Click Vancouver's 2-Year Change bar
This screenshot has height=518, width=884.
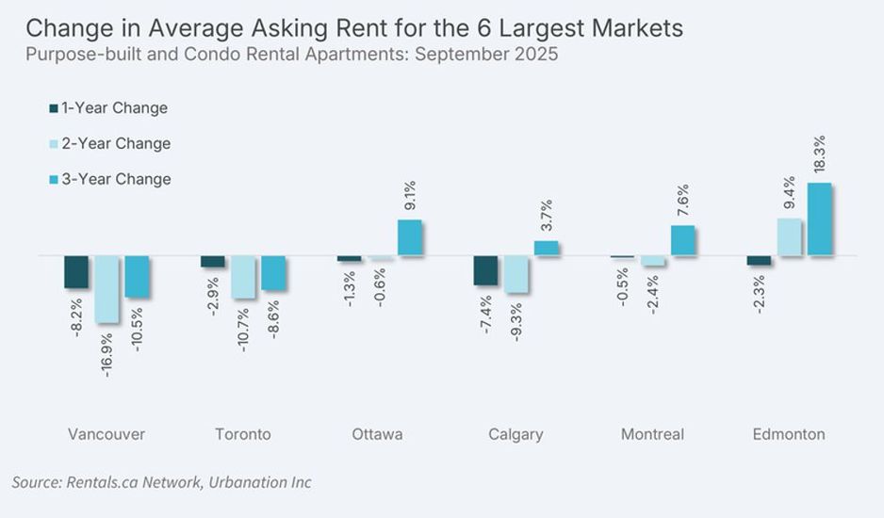coord(106,288)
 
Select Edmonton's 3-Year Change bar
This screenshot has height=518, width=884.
coord(820,219)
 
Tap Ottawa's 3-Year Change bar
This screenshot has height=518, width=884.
coord(410,237)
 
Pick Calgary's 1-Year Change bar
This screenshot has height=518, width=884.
coord(485,270)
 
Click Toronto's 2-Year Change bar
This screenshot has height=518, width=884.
coord(243,277)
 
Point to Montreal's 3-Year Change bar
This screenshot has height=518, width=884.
coord(683,240)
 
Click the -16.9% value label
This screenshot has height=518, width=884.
coord(106,351)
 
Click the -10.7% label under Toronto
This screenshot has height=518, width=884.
coord(243,325)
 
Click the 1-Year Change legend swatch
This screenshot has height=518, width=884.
coord(53,108)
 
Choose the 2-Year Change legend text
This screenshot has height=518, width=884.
coord(116,144)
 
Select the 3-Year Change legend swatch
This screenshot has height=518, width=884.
coord(53,179)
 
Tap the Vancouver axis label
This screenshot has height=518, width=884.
coord(106,434)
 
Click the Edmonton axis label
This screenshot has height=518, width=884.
coord(789,434)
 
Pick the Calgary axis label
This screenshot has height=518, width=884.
coord(516,434)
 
